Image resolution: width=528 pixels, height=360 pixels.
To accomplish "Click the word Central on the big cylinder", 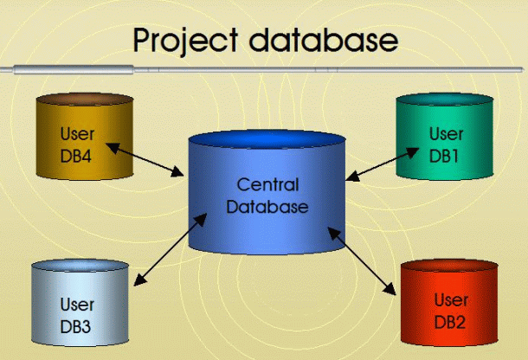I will (267, 185).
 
